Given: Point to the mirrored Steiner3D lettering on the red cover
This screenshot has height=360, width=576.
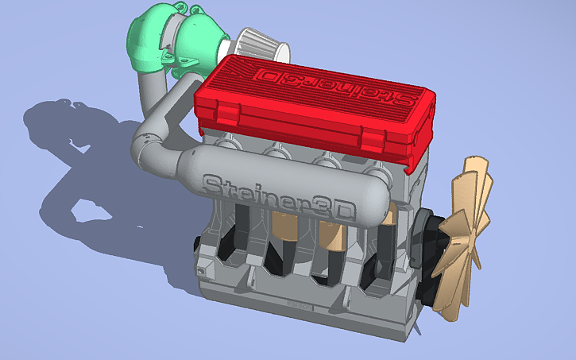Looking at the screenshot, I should click(334, 85).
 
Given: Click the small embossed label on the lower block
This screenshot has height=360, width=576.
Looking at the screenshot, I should click(298, 303).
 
